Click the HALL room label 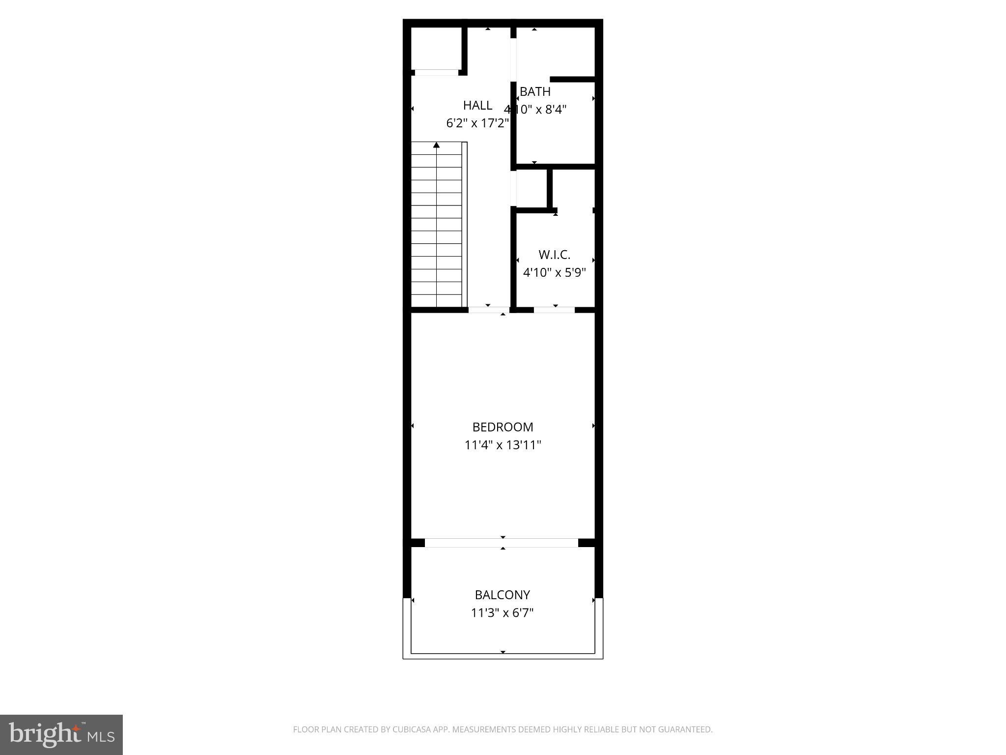tap(477, 105)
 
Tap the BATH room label tap(535, 91)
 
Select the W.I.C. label tap(554, 255)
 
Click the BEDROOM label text tap(503, 427)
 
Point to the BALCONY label tap(502, 595)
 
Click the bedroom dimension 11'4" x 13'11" tap(503, 445)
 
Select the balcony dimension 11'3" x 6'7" tap(502, 613)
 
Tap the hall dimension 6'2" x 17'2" tap(477, 123)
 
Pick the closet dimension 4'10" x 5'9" tap(554, 272)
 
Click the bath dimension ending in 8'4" tap(535, 109)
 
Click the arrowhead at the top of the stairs tap(436, 145)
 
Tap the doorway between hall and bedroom tap(489, 310)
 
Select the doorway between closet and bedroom tap(554, 310)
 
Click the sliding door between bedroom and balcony tap(501, 543)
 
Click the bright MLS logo tap(61, 734)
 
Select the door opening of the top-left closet tap(436, 73)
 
